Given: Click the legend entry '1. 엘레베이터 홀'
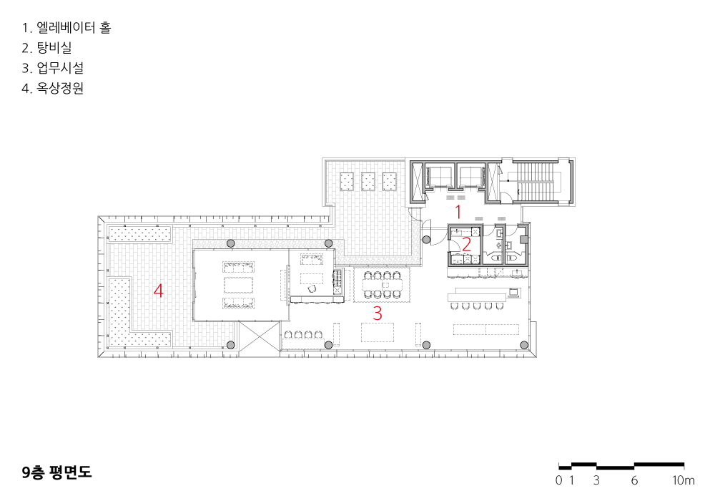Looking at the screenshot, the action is click(66, 28).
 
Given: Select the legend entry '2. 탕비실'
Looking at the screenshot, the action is click(46, 48).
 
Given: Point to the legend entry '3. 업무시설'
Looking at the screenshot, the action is click(52, 68).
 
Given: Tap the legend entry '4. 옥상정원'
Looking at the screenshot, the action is click(52, 88).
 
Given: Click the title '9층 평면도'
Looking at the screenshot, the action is click(56, 472).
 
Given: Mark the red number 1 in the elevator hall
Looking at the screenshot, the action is click(458, 212).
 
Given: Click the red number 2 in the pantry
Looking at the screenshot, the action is click(466, 245).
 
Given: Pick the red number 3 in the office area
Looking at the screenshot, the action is click(377, 313).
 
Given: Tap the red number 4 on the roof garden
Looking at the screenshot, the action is click(158, 290).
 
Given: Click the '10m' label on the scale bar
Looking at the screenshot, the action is click(683, 480).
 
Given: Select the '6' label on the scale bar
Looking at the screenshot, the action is click(634, 480).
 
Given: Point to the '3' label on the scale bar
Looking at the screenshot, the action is click(596, 480).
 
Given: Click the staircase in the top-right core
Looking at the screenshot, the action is click(536, 180).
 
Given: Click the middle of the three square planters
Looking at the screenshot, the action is click(368, 182).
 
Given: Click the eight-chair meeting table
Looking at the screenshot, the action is click(382, 285).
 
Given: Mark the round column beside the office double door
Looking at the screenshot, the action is click(426, 240).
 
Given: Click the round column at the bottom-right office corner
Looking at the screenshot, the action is click(524, 345).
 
